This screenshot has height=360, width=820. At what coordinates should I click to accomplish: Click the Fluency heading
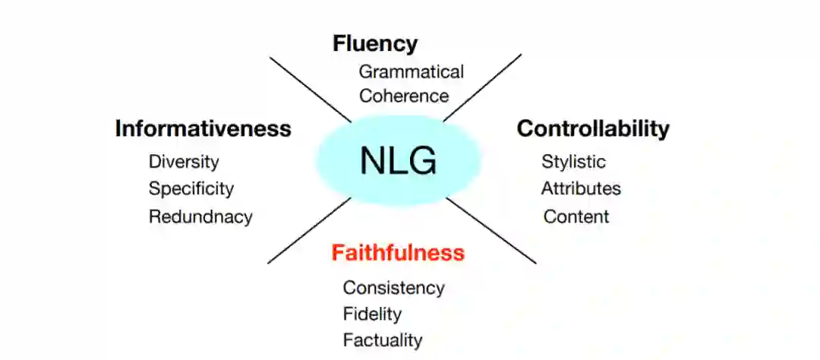(x=375, y=44)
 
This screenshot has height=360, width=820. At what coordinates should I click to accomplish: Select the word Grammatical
(x=411, y=72)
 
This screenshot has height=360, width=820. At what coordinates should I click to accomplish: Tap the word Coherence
(x=404, y=96)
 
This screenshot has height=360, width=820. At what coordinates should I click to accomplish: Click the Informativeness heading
(x=203, y=129)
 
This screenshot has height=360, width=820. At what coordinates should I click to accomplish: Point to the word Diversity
(x=184, y=162)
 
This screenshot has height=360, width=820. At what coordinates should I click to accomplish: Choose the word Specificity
(x=191, y=188)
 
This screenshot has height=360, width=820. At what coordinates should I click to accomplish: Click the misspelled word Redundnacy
(x=200, y=216)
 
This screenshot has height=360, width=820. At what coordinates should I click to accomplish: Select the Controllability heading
(x=593, y=129)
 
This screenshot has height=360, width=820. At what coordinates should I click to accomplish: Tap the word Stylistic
(x=573, y=162)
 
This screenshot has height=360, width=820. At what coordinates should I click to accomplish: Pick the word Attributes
(x=581, y=188)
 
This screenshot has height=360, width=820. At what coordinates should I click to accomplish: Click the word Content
(x=576, y=216)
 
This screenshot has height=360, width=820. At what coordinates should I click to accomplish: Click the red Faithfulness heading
(x=398, y=253)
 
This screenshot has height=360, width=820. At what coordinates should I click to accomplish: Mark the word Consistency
(x=393, y=289)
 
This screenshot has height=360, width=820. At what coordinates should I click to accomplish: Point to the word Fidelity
(x=372, y=314)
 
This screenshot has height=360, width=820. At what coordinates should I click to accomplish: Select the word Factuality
(x=382, y=339)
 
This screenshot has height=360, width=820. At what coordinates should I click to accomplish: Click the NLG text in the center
(x=398, y=161)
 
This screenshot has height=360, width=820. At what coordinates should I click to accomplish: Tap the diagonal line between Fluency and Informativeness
(x=311, y=88)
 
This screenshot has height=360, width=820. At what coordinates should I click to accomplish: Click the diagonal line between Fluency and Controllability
(x=483, y=87)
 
